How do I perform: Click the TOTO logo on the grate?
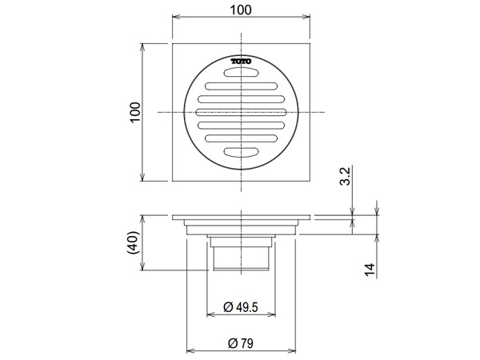(242, 62)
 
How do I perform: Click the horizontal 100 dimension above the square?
(241, 10)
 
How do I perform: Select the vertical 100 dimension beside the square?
(135, 112)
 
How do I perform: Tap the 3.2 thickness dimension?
(345, 176)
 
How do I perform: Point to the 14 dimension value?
(370, 270)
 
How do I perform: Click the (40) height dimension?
(133, 242)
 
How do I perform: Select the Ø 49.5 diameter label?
(241, 306)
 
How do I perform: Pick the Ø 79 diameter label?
(241, 343)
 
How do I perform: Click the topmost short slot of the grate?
(242, 73)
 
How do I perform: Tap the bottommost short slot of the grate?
(242, 152)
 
